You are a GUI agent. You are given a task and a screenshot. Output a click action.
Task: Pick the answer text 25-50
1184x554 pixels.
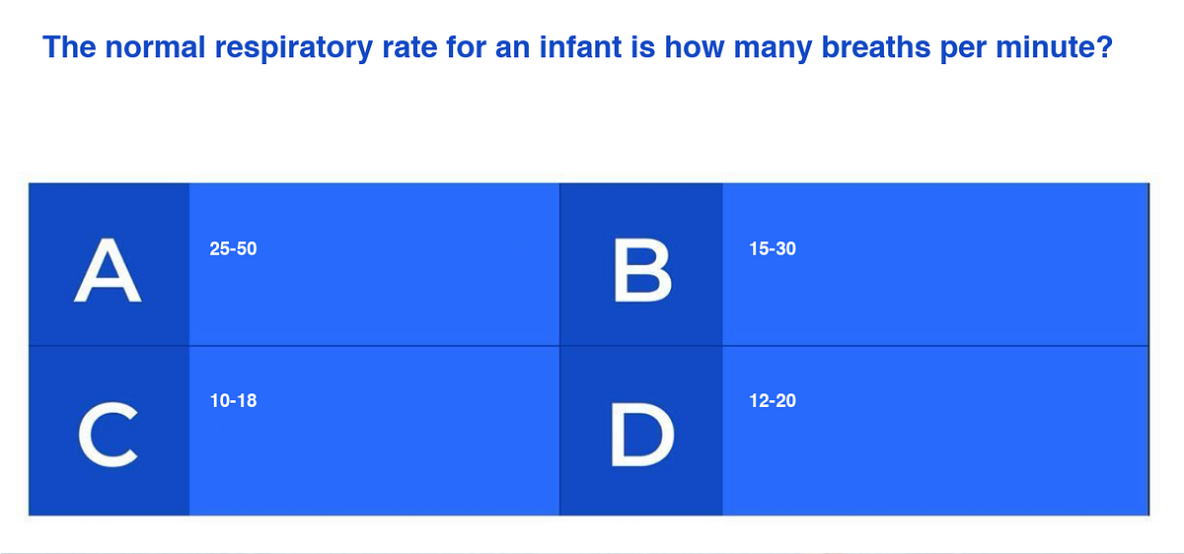[x=233, y=249]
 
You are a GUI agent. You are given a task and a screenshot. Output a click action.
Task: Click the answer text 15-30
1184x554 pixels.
[x=772, y=249]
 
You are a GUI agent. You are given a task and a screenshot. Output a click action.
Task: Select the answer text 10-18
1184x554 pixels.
[x=233, y=401]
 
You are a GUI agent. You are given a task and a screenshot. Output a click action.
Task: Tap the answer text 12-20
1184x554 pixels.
[x=772, y=401]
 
